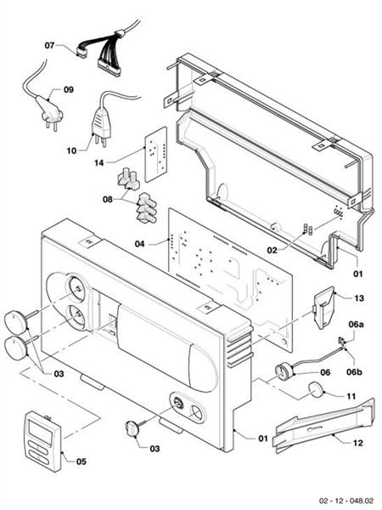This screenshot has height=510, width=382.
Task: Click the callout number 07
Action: [49, 45]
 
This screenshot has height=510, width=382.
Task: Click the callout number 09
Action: [68, 88]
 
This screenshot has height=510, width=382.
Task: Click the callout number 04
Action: [141, 243]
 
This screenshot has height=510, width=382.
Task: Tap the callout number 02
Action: [272, 251]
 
